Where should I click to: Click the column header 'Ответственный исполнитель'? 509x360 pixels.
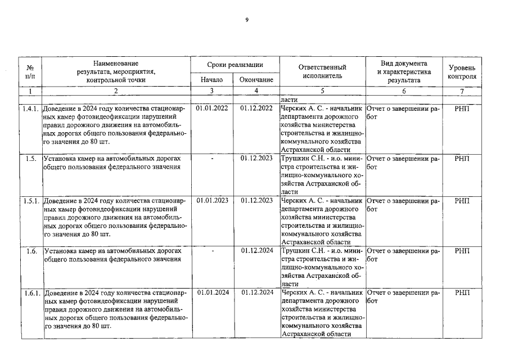pyautogui.click(x=322, y=71)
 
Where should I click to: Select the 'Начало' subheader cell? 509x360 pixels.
pyautogui.click(x=211, y=80)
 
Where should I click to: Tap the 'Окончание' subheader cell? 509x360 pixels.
pyautogui.click(x=256, y=80)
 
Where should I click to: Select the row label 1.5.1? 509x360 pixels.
pyautogui.click(x=30, y=201)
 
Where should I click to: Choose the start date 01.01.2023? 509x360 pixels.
pyautogui.click(x=212, y=201)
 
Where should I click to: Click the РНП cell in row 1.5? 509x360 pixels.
pyautogui.click(x=461, y=159)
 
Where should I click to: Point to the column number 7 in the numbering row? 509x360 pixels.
pyautogui.click(x=461, y=91)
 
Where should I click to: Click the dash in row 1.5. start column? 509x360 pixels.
pyautogui.click(x=212, y=159)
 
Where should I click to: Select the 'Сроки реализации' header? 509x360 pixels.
pyautogui.click(x=235, y=66)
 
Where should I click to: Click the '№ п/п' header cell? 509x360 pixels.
pyautogui.click(x=30, y=71)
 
